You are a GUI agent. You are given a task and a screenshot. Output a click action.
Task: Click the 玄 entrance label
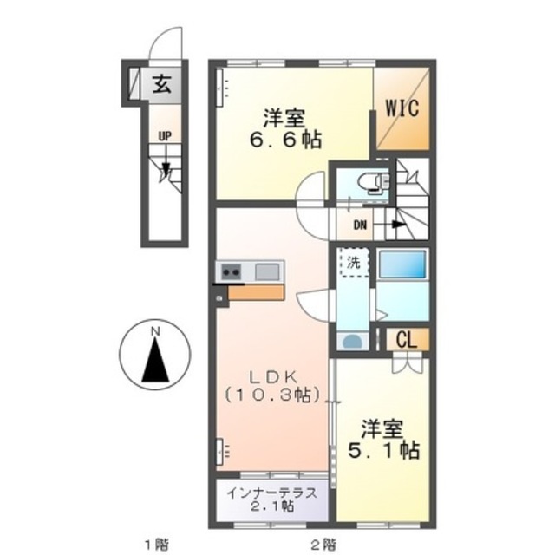coord(162,85)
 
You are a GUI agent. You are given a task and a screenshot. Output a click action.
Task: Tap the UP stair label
coord(165,136)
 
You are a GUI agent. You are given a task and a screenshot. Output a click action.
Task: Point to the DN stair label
coord(361,225)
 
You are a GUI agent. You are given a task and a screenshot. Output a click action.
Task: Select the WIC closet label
coord(402,108)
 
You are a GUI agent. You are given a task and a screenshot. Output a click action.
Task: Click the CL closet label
coord(407,340)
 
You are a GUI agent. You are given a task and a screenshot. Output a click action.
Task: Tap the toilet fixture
coord(373,183)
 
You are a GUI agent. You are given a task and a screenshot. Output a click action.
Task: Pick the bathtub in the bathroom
coord(402,264)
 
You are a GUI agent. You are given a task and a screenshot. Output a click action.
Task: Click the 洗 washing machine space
coord(354,262)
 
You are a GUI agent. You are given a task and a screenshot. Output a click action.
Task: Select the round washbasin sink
coord(353,342)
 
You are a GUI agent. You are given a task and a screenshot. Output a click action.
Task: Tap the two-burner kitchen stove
coord(232,271)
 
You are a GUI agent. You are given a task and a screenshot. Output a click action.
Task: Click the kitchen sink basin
coord(267,271)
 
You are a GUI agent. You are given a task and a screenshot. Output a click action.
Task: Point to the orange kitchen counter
coord(256,293)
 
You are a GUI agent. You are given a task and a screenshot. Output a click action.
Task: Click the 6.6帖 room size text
coord(286,140)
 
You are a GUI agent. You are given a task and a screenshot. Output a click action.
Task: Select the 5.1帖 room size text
coord(384,450)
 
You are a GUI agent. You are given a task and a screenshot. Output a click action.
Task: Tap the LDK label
coord(274,377)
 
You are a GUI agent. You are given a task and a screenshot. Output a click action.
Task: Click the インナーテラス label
coord(271,493)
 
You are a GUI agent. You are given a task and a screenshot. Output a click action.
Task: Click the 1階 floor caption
coord(157,544)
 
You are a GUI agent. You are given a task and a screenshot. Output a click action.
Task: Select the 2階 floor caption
coord(323,544)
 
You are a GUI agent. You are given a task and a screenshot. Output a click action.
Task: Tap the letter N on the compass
coord(155,331)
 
